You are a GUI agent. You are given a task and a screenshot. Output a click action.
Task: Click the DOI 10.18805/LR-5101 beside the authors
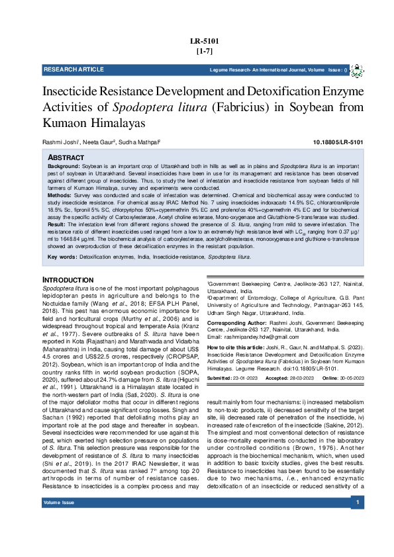point(338,142)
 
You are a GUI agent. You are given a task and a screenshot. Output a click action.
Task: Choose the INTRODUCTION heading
point(68,280)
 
